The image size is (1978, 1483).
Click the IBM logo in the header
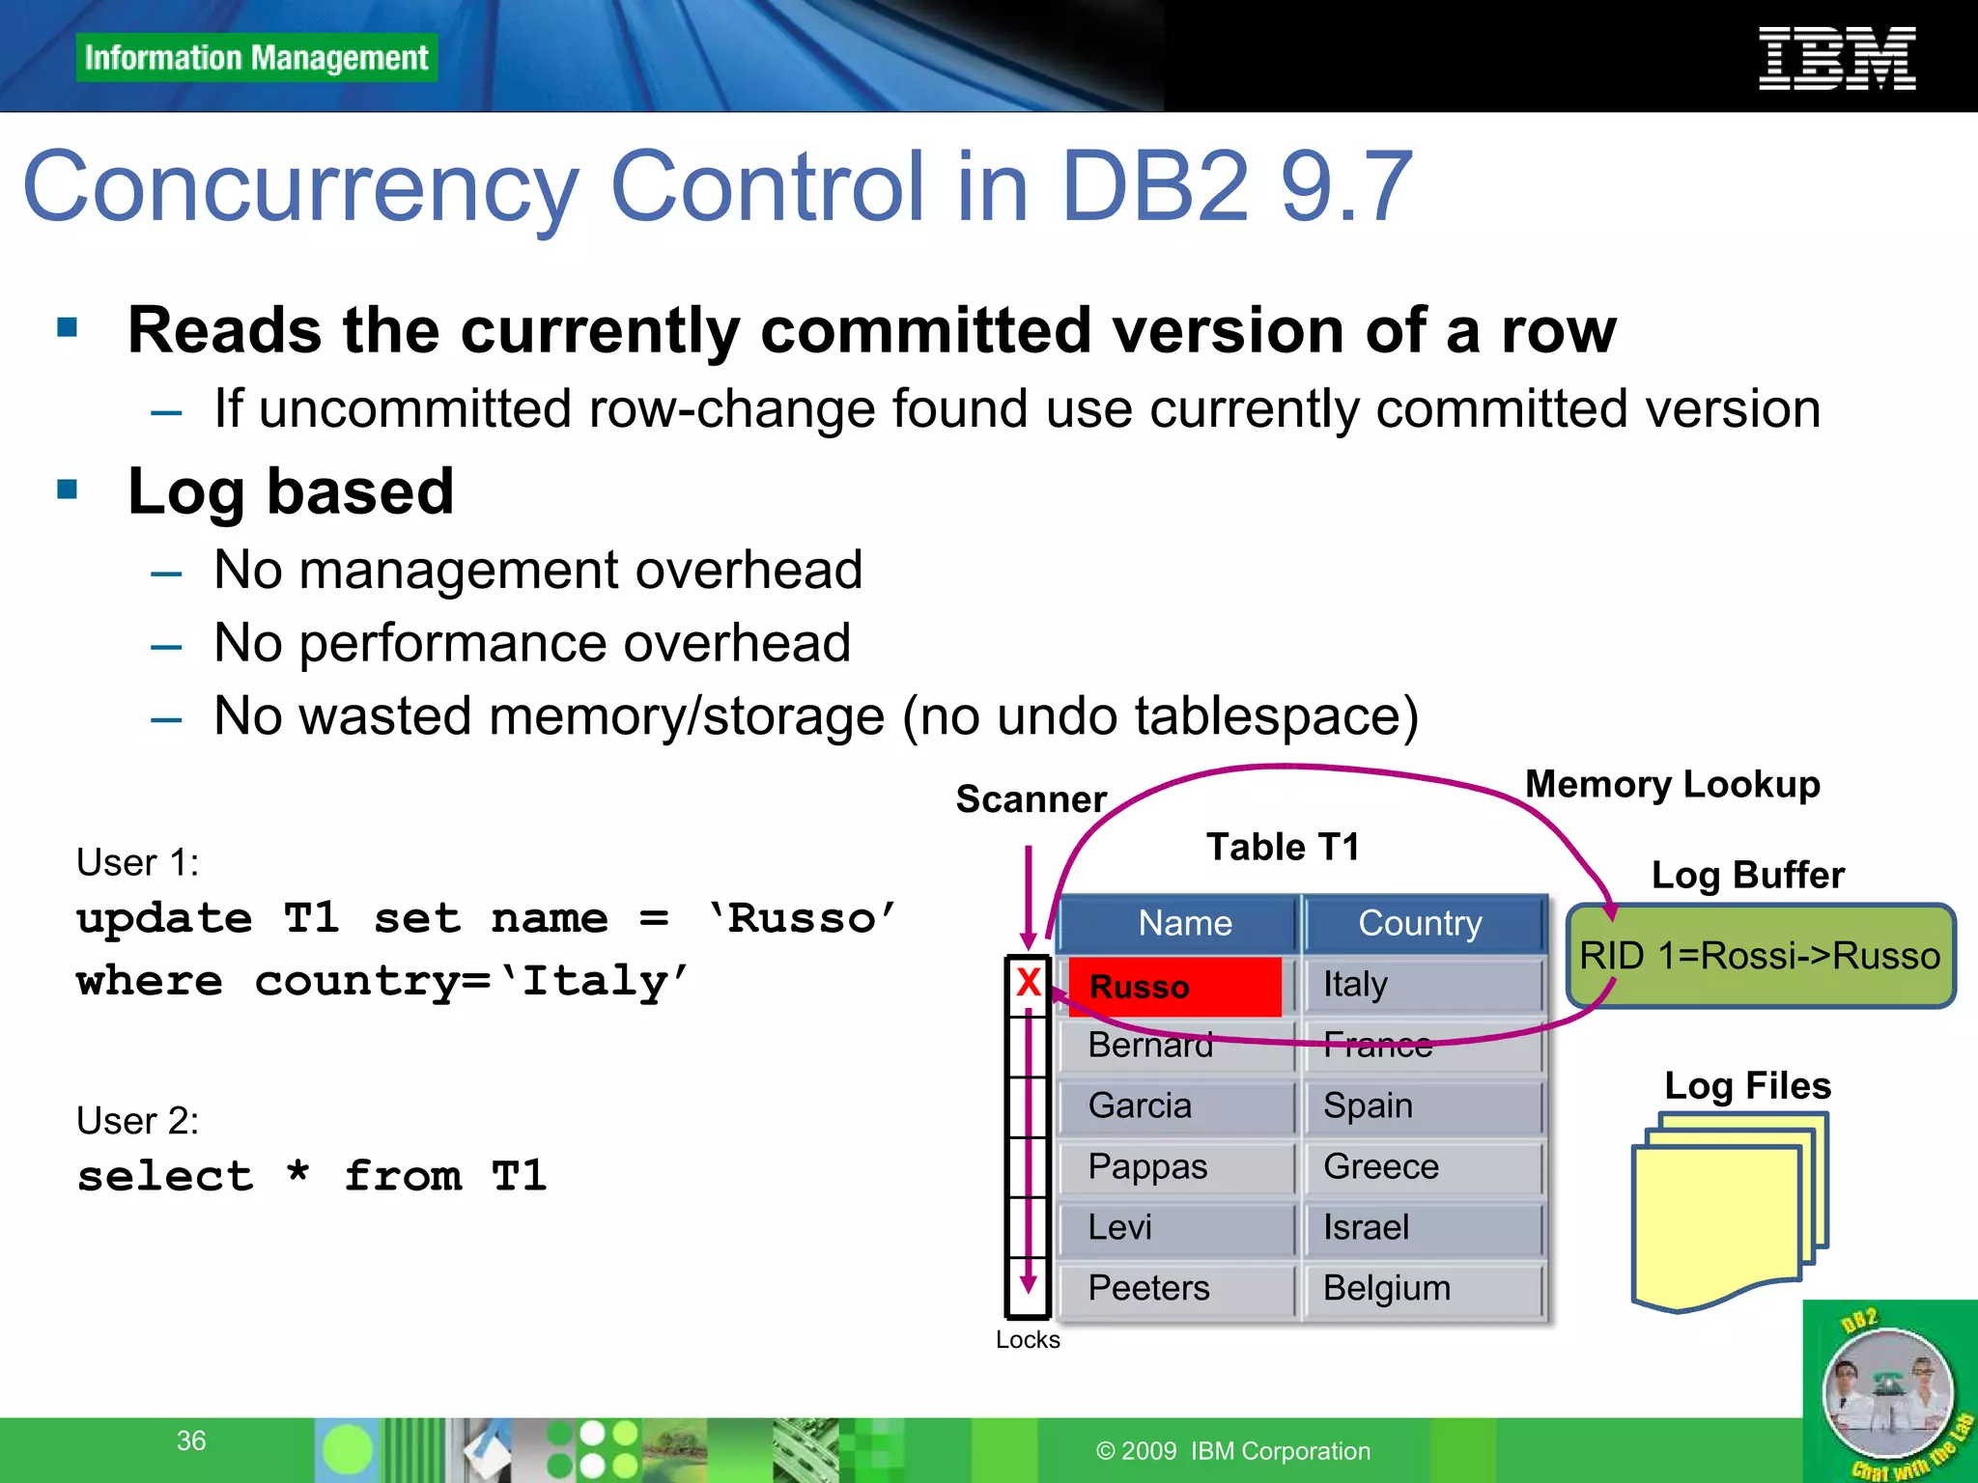pyautogui.click(x=1836, y=59)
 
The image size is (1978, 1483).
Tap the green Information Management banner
pyautogui.click(x=256, y=58)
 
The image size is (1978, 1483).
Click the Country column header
pyautogui.click(x=1420, y=924)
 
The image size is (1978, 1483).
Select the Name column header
pyautogui.click(x=1184, y=924)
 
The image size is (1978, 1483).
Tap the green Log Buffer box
pyautogui.click(x=1759, y=956)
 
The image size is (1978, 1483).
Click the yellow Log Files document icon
pyautogui.click(x=1729, y=1212)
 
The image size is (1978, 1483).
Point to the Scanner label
pyautogui.click(x=1031, y=799)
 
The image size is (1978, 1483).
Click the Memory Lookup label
pyautogui.click(x=1672, y=785)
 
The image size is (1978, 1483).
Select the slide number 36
pyautogui.click(x=191, y=1441)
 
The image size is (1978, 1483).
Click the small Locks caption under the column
pyautogui.click(x=1028, y=1340)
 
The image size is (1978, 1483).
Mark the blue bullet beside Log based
pyautogui.click(x=68, y=490)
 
